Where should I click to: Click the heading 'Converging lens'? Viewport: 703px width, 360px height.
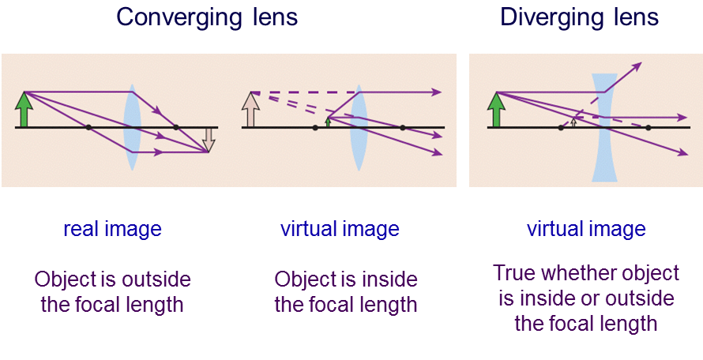207,17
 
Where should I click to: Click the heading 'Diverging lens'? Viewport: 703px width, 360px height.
579,17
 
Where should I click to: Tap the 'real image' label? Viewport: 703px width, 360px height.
112,229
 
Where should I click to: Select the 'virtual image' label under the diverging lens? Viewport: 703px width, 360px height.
586,229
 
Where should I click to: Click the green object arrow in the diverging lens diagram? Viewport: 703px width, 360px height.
496,110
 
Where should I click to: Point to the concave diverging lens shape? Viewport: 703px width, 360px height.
604,127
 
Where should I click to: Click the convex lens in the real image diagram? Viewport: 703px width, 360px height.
132,127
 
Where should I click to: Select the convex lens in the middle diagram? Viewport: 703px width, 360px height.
359,127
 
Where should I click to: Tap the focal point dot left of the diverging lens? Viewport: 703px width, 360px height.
561,128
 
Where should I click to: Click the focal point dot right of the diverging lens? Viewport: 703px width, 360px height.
648,128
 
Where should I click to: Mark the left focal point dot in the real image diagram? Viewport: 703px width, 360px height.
88,128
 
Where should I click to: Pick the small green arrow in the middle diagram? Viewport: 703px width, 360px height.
328,122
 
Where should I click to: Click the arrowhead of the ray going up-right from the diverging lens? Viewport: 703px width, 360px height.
637,66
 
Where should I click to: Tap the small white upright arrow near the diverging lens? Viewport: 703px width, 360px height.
573,122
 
